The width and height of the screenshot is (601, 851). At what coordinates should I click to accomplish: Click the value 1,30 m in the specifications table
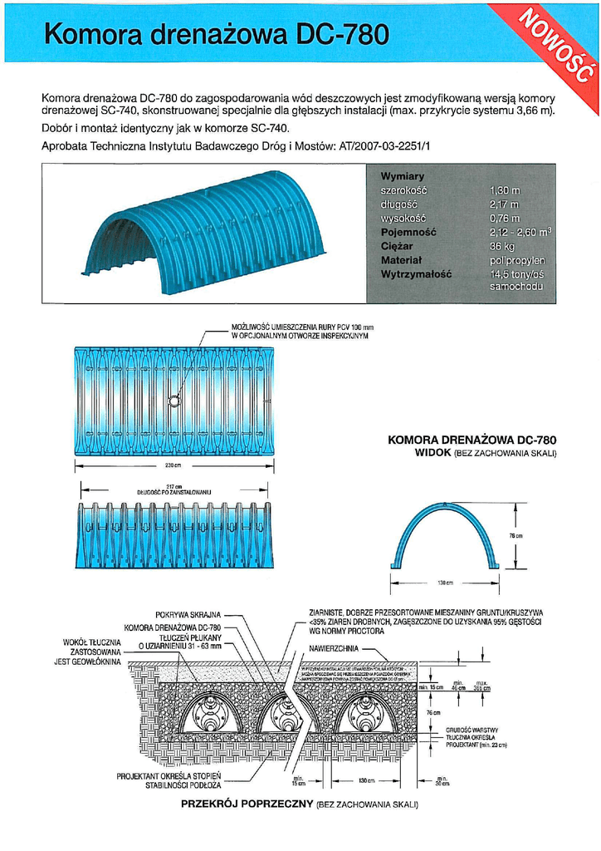coord(503,190)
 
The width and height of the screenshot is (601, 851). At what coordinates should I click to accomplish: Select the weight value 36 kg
coord(501,247)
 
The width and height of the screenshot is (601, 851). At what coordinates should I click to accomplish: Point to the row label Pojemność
coord(408,233)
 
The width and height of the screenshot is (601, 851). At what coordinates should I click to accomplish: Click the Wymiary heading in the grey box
coord(402,176)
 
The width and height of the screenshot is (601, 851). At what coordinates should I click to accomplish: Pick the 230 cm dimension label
coord(173,466)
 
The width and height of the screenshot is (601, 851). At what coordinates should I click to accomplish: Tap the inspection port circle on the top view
coord(174,401)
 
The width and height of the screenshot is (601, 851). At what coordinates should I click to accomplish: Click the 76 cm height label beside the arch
coord(515,535)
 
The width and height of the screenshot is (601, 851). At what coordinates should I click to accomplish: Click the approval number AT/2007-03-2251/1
coord(385,146)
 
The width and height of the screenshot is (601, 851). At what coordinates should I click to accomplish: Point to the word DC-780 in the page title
coord(340,35)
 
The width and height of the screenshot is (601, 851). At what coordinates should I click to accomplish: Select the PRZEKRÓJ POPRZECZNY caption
coord(247,804)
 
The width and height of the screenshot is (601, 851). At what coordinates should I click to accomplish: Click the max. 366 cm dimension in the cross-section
coord(481,686)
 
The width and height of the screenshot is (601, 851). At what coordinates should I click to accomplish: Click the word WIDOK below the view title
coord(432,453)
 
